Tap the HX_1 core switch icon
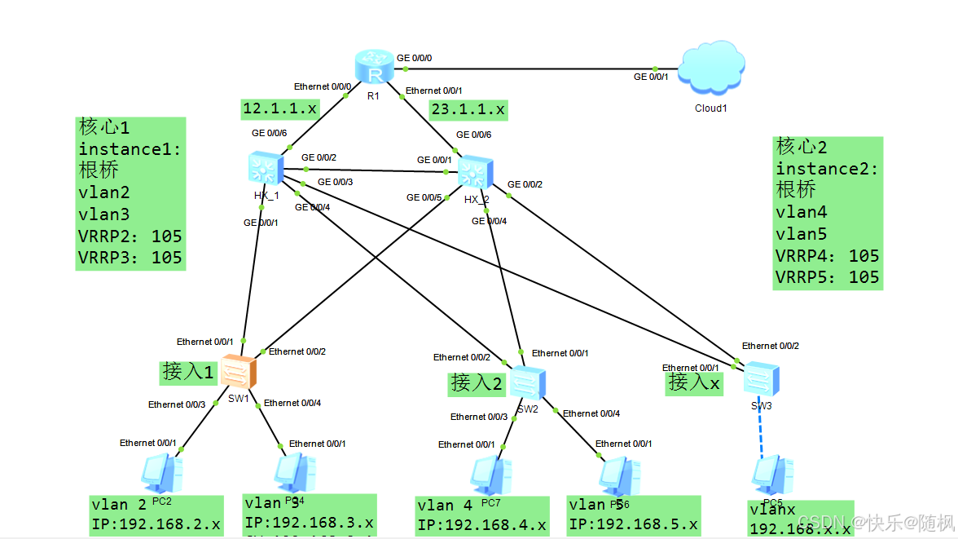262,169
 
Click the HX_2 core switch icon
473,172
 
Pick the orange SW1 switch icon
239,373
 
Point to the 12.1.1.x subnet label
280,108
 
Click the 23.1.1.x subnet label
468,108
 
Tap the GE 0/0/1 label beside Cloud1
651,77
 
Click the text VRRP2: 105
130,236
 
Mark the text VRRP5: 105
827,277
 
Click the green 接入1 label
188,372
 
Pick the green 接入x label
694,382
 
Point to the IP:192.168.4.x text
481,526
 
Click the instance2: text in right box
827,169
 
